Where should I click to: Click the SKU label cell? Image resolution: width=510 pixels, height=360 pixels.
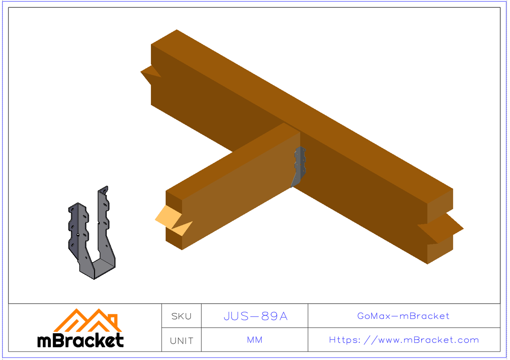pos(181,316)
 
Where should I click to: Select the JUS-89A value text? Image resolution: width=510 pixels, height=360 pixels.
pos(255,316)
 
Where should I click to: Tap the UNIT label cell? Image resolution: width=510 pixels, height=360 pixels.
pos(181,340)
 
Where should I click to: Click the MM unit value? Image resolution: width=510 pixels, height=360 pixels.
pos(255,340)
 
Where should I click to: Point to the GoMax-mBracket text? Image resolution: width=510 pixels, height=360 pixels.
pos(403,316)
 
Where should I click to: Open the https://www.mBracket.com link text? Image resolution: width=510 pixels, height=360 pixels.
pos(404,340)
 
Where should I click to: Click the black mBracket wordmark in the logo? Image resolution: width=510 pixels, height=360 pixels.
pos(81,340)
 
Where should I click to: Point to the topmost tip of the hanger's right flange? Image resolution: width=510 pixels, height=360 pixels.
pos(107,187)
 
